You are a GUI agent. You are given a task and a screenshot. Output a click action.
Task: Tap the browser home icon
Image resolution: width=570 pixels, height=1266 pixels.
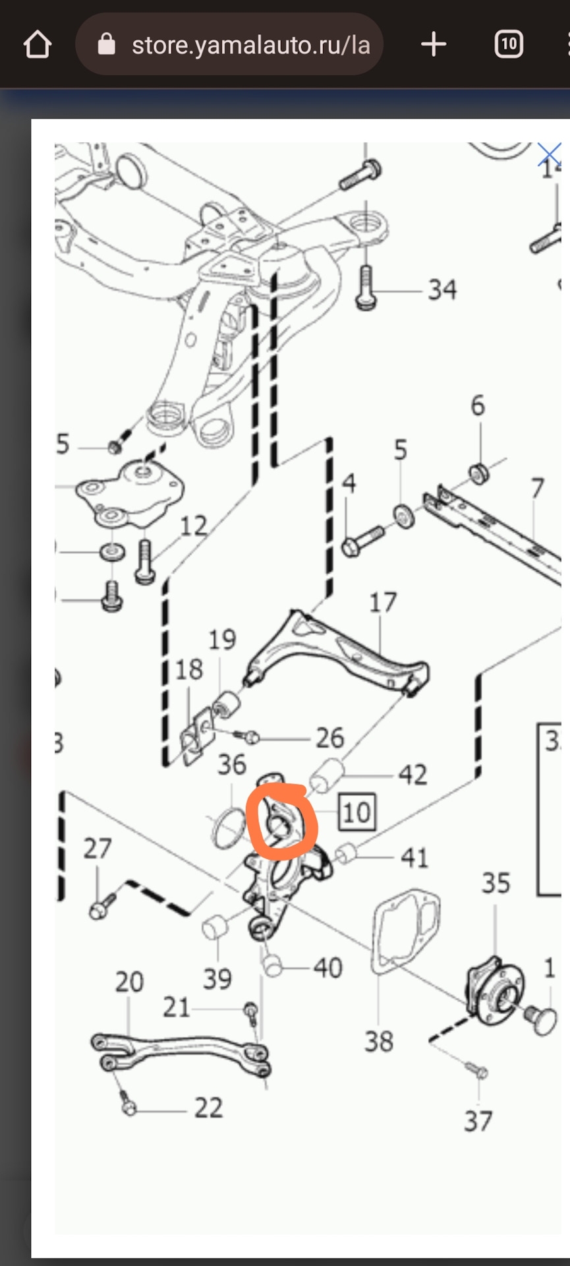[x=37, y=45]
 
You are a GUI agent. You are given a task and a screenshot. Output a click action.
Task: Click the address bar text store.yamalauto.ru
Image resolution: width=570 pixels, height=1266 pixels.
[x=250, y=45]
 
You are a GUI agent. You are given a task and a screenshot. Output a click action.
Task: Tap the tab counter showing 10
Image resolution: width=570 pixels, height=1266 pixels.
[x=508, y=44]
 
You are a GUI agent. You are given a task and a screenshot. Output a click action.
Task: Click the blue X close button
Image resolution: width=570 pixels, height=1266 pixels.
[x=549, y=156]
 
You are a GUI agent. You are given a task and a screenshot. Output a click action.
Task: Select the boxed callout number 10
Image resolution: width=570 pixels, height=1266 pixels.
[x=356, y=812]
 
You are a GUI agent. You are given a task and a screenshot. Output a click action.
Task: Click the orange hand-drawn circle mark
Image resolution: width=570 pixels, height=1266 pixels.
[x=282, y=822]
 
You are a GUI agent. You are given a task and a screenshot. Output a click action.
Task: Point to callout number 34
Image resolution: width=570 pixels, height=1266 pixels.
[x=442, y=289]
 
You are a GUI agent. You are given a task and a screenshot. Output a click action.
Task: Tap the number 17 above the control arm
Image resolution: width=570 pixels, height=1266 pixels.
[x=382, y=602]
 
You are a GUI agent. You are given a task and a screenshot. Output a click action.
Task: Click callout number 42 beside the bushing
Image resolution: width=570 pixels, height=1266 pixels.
[x=413, y=774]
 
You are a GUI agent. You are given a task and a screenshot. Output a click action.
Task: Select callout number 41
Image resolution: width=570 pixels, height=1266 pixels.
[x=414, y=857]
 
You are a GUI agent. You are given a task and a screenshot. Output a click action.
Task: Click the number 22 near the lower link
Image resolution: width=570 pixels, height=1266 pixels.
[x=208, y=1108]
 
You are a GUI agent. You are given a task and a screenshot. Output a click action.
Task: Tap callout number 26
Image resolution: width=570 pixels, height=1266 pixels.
[x=329, y=738]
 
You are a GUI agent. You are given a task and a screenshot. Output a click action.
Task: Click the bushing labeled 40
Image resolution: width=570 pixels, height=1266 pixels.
[x=273, y=966]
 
